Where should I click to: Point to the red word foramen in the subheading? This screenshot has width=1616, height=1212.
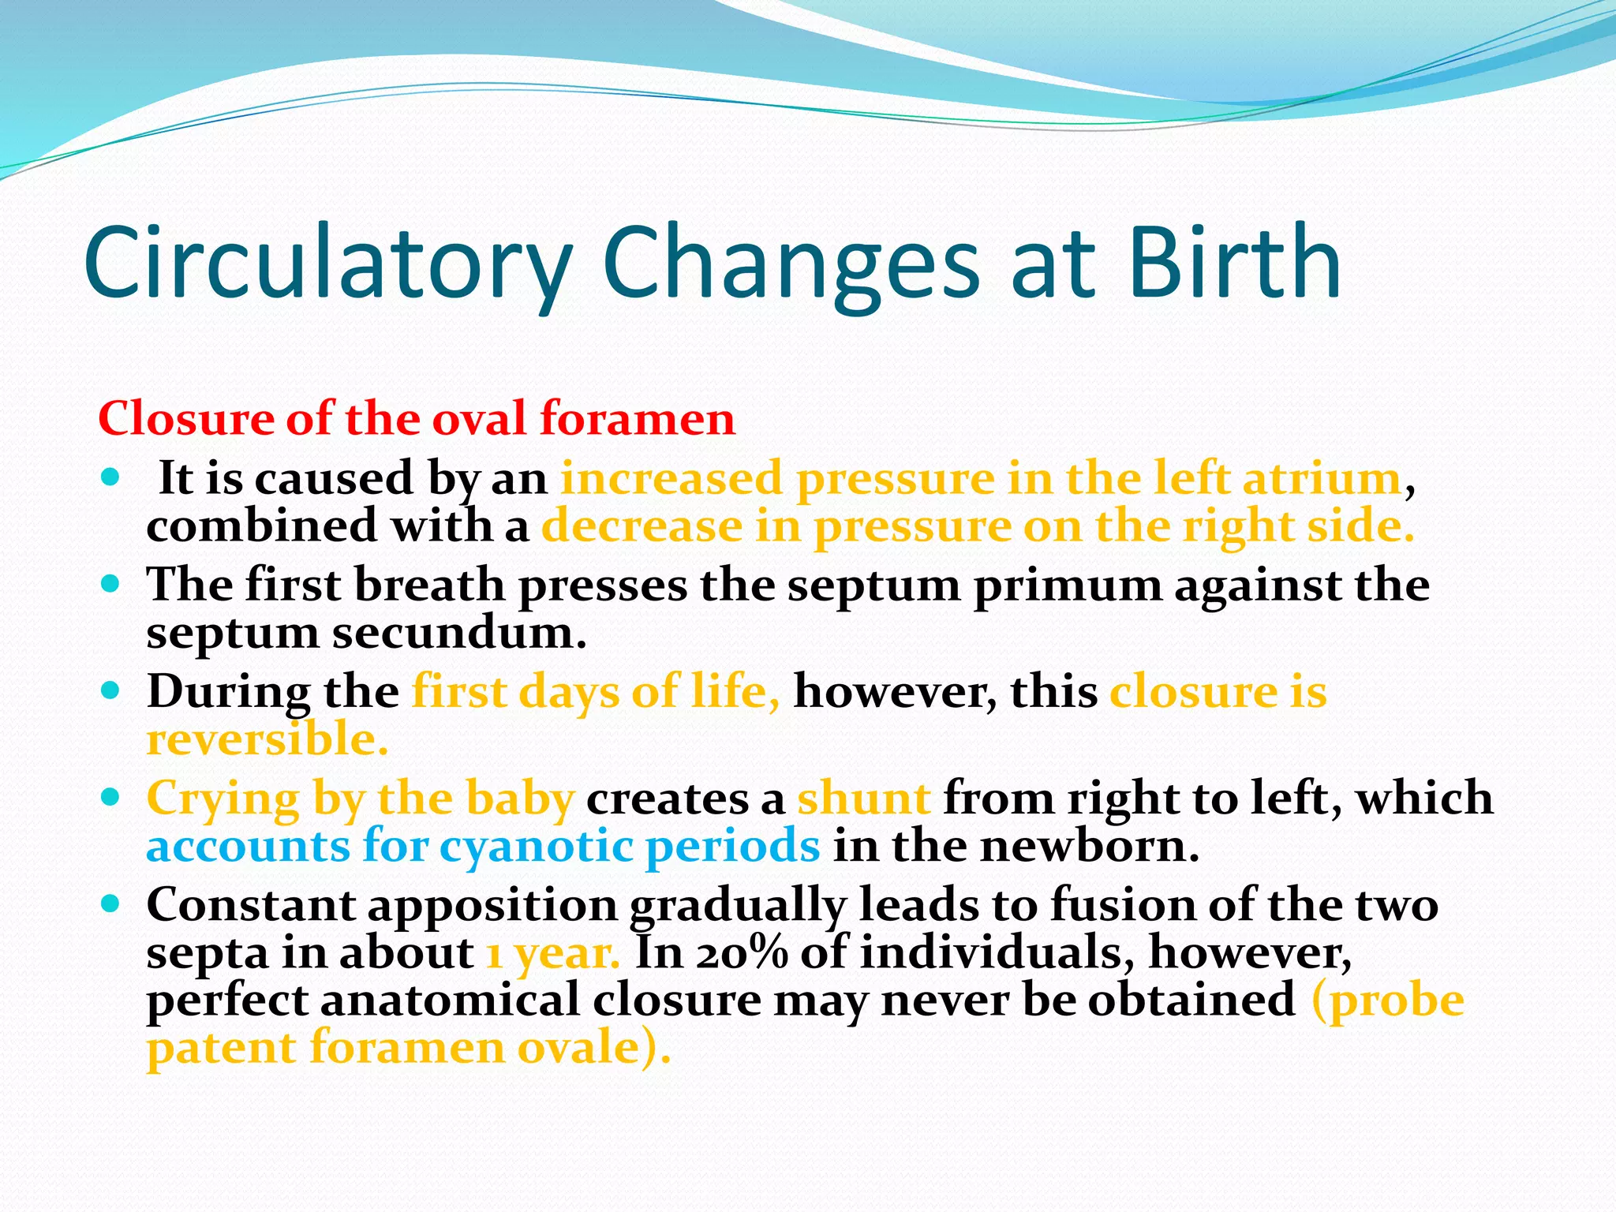coord(637,418)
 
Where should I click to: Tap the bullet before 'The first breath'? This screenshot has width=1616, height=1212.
coord(110,585)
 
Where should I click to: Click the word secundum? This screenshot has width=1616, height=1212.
coord(458,634)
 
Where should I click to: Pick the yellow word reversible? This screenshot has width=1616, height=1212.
coord(267,740)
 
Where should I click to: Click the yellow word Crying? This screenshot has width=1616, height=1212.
coord(223,799)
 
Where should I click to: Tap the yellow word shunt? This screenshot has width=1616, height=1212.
coord(863,798)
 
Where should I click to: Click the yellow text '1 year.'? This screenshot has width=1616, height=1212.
coord(552,954)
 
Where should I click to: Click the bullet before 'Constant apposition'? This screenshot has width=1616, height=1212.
coord(110,903)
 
